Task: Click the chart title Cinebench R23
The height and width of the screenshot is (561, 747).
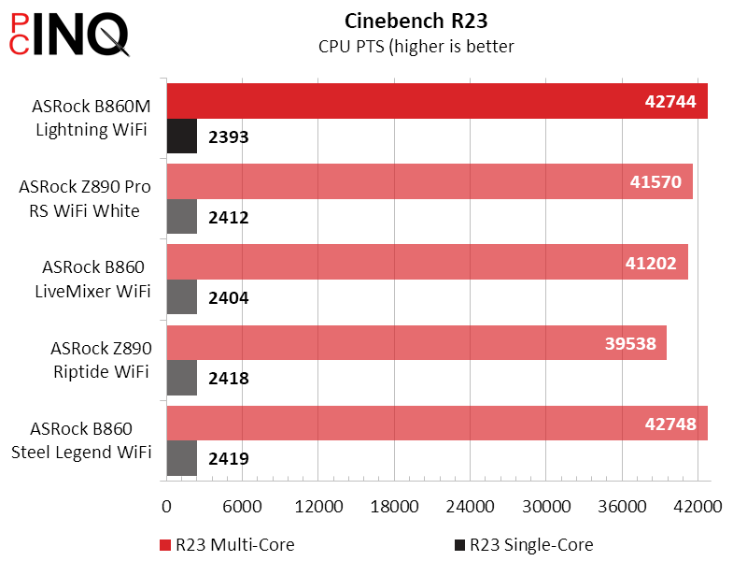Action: [x=416, y=20]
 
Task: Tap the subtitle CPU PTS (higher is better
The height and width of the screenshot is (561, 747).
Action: [x=416, y=46]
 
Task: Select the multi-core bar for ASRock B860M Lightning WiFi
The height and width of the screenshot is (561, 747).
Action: [x=436, y=101]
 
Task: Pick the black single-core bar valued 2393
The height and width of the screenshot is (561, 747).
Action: [x=181, y=137]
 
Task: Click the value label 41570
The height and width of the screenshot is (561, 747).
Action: [x=656, y=182]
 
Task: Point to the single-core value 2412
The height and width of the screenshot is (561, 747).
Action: [x=228, y=218]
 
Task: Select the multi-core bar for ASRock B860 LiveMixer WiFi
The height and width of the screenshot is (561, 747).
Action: [x=427, y=262]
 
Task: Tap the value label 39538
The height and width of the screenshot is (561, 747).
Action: [x=630, y=344]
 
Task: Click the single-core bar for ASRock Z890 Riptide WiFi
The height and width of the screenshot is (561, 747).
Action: [x=181, y=379]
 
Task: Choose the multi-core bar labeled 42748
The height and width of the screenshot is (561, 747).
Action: [x=436, y=424]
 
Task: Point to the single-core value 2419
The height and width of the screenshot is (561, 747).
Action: [x=228, y=459]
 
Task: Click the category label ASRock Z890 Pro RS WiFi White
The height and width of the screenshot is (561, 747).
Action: [x=85, y=198]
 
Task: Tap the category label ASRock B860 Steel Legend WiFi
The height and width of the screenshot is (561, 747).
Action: [x=81, y=440]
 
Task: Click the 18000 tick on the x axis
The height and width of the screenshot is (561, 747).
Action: [x=394, y=506]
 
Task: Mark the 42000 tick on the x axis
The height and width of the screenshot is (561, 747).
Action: [x=698, y=506]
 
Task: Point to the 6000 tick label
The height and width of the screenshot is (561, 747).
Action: [x=242, y=506]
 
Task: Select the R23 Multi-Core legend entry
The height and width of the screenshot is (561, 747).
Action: [x=228, y=544]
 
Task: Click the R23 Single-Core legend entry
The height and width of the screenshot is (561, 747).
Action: [x=524, y=544]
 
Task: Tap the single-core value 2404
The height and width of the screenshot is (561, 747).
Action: [x=228, y=298]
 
